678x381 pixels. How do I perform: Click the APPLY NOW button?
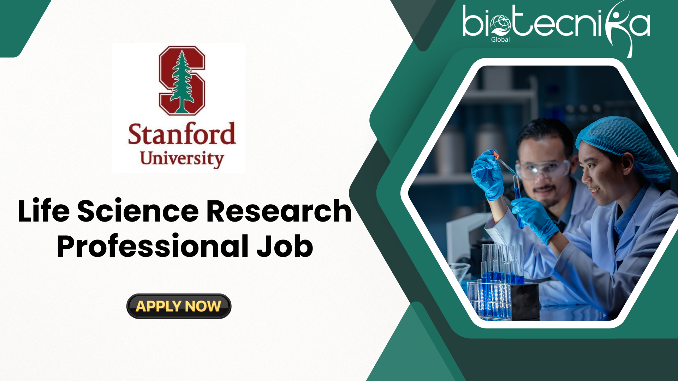[179, 306]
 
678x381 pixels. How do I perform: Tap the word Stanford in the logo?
[182, 134]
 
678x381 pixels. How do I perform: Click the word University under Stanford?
[182, 159]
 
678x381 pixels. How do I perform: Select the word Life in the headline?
[44, 211]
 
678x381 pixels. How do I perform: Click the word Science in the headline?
[138, 211]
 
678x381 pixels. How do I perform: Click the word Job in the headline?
[285, 246]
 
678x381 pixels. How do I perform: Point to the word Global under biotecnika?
[500, 40]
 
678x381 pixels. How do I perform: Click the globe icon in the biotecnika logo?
[500, 25]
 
